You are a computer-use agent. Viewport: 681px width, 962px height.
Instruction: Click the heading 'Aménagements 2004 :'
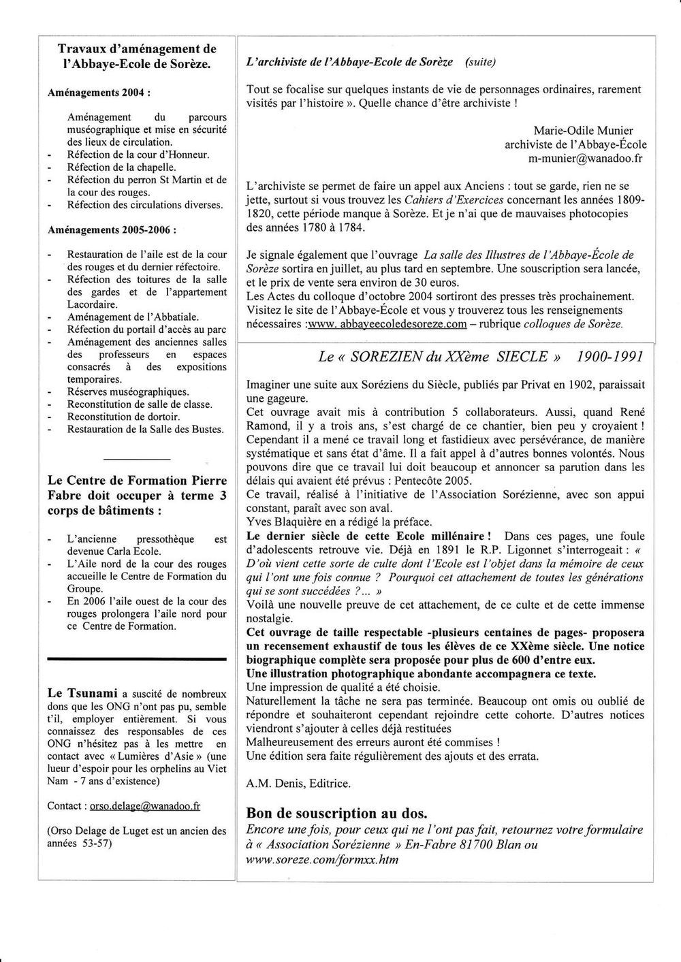click(98, 92)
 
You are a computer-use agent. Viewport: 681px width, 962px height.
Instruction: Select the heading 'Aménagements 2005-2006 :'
click(112, 230)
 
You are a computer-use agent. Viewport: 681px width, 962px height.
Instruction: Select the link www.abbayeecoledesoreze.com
click(388, 324)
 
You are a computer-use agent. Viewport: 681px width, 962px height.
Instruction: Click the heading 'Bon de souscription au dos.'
click(337, 813)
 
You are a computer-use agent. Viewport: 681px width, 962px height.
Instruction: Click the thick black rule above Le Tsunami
click(137, 659)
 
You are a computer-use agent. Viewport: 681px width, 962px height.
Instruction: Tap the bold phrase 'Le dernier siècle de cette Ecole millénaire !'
click(369, 536)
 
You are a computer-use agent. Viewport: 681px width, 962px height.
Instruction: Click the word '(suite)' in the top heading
click(480, 62)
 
